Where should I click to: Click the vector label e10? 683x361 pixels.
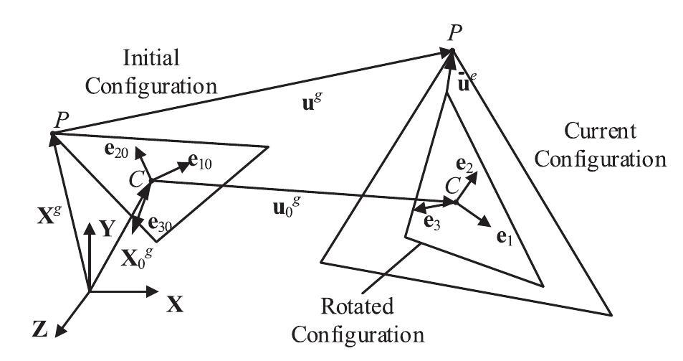199,161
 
